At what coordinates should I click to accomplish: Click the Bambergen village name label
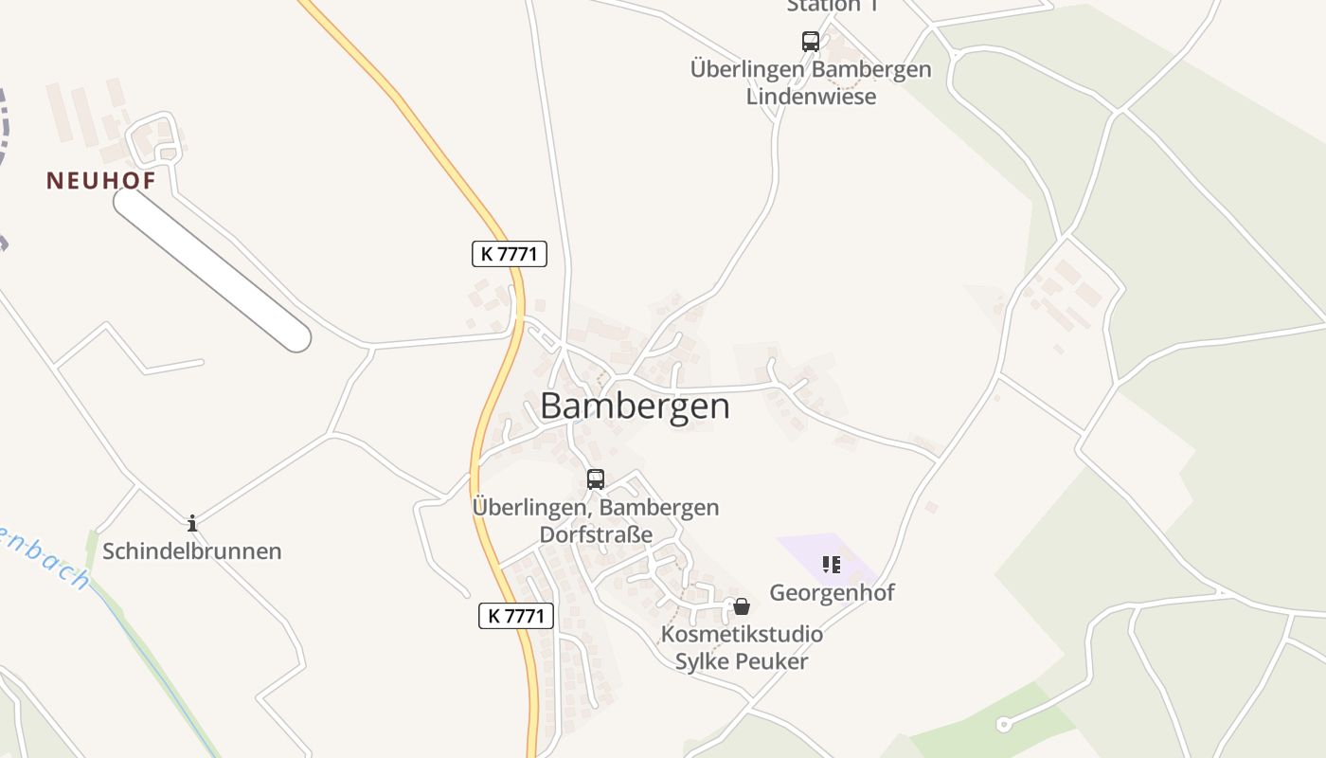pos(635,406)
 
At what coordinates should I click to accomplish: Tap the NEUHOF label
pos(100,180)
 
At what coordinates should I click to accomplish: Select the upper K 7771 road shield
pos(509,254)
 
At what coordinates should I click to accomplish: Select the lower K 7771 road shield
pos(515,616)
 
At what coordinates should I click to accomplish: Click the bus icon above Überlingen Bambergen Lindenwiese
pos(811,42)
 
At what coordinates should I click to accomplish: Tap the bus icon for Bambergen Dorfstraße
pos(595,479)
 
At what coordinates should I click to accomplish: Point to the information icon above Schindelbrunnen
pos(192,523)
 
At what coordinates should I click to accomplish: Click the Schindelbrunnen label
pos(192,551)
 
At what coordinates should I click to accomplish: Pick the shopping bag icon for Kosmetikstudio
pos(742,606)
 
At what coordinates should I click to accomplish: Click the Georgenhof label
pos(832,593)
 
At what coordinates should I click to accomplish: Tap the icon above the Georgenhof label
pos(832,566)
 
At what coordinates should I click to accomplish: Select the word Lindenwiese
pos(811,97)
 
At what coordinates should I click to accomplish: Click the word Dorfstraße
pos(596,534)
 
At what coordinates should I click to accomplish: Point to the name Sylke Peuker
pos(741,661)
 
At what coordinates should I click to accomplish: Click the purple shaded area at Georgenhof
pos(805,550)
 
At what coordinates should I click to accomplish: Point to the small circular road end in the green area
pos(1003,726)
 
